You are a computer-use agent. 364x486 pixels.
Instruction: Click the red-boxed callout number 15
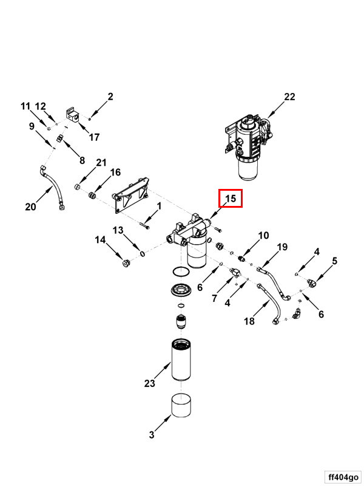click(x=231, y=199)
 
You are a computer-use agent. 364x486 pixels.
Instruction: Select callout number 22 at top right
click(x=289, y=97)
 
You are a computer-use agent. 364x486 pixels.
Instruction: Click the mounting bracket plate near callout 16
click(x=130, y=196)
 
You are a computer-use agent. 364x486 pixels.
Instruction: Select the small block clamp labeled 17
click(x=73, y=116)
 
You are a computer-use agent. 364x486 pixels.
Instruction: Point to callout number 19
click(x=282, y=247)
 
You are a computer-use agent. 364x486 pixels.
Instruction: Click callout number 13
click(x=118, y=230)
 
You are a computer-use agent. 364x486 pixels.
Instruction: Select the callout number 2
click(x=110, y=96)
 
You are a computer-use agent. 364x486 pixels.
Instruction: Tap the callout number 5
click(x=334, y=262)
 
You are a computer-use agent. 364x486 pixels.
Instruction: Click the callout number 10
click(x=263, y=235)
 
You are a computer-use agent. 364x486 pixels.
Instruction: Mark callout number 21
click(x=101, y=162)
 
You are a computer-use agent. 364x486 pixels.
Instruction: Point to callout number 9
click(x=32, y=126)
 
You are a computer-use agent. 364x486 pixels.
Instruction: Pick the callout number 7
click(x=214, y=298)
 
